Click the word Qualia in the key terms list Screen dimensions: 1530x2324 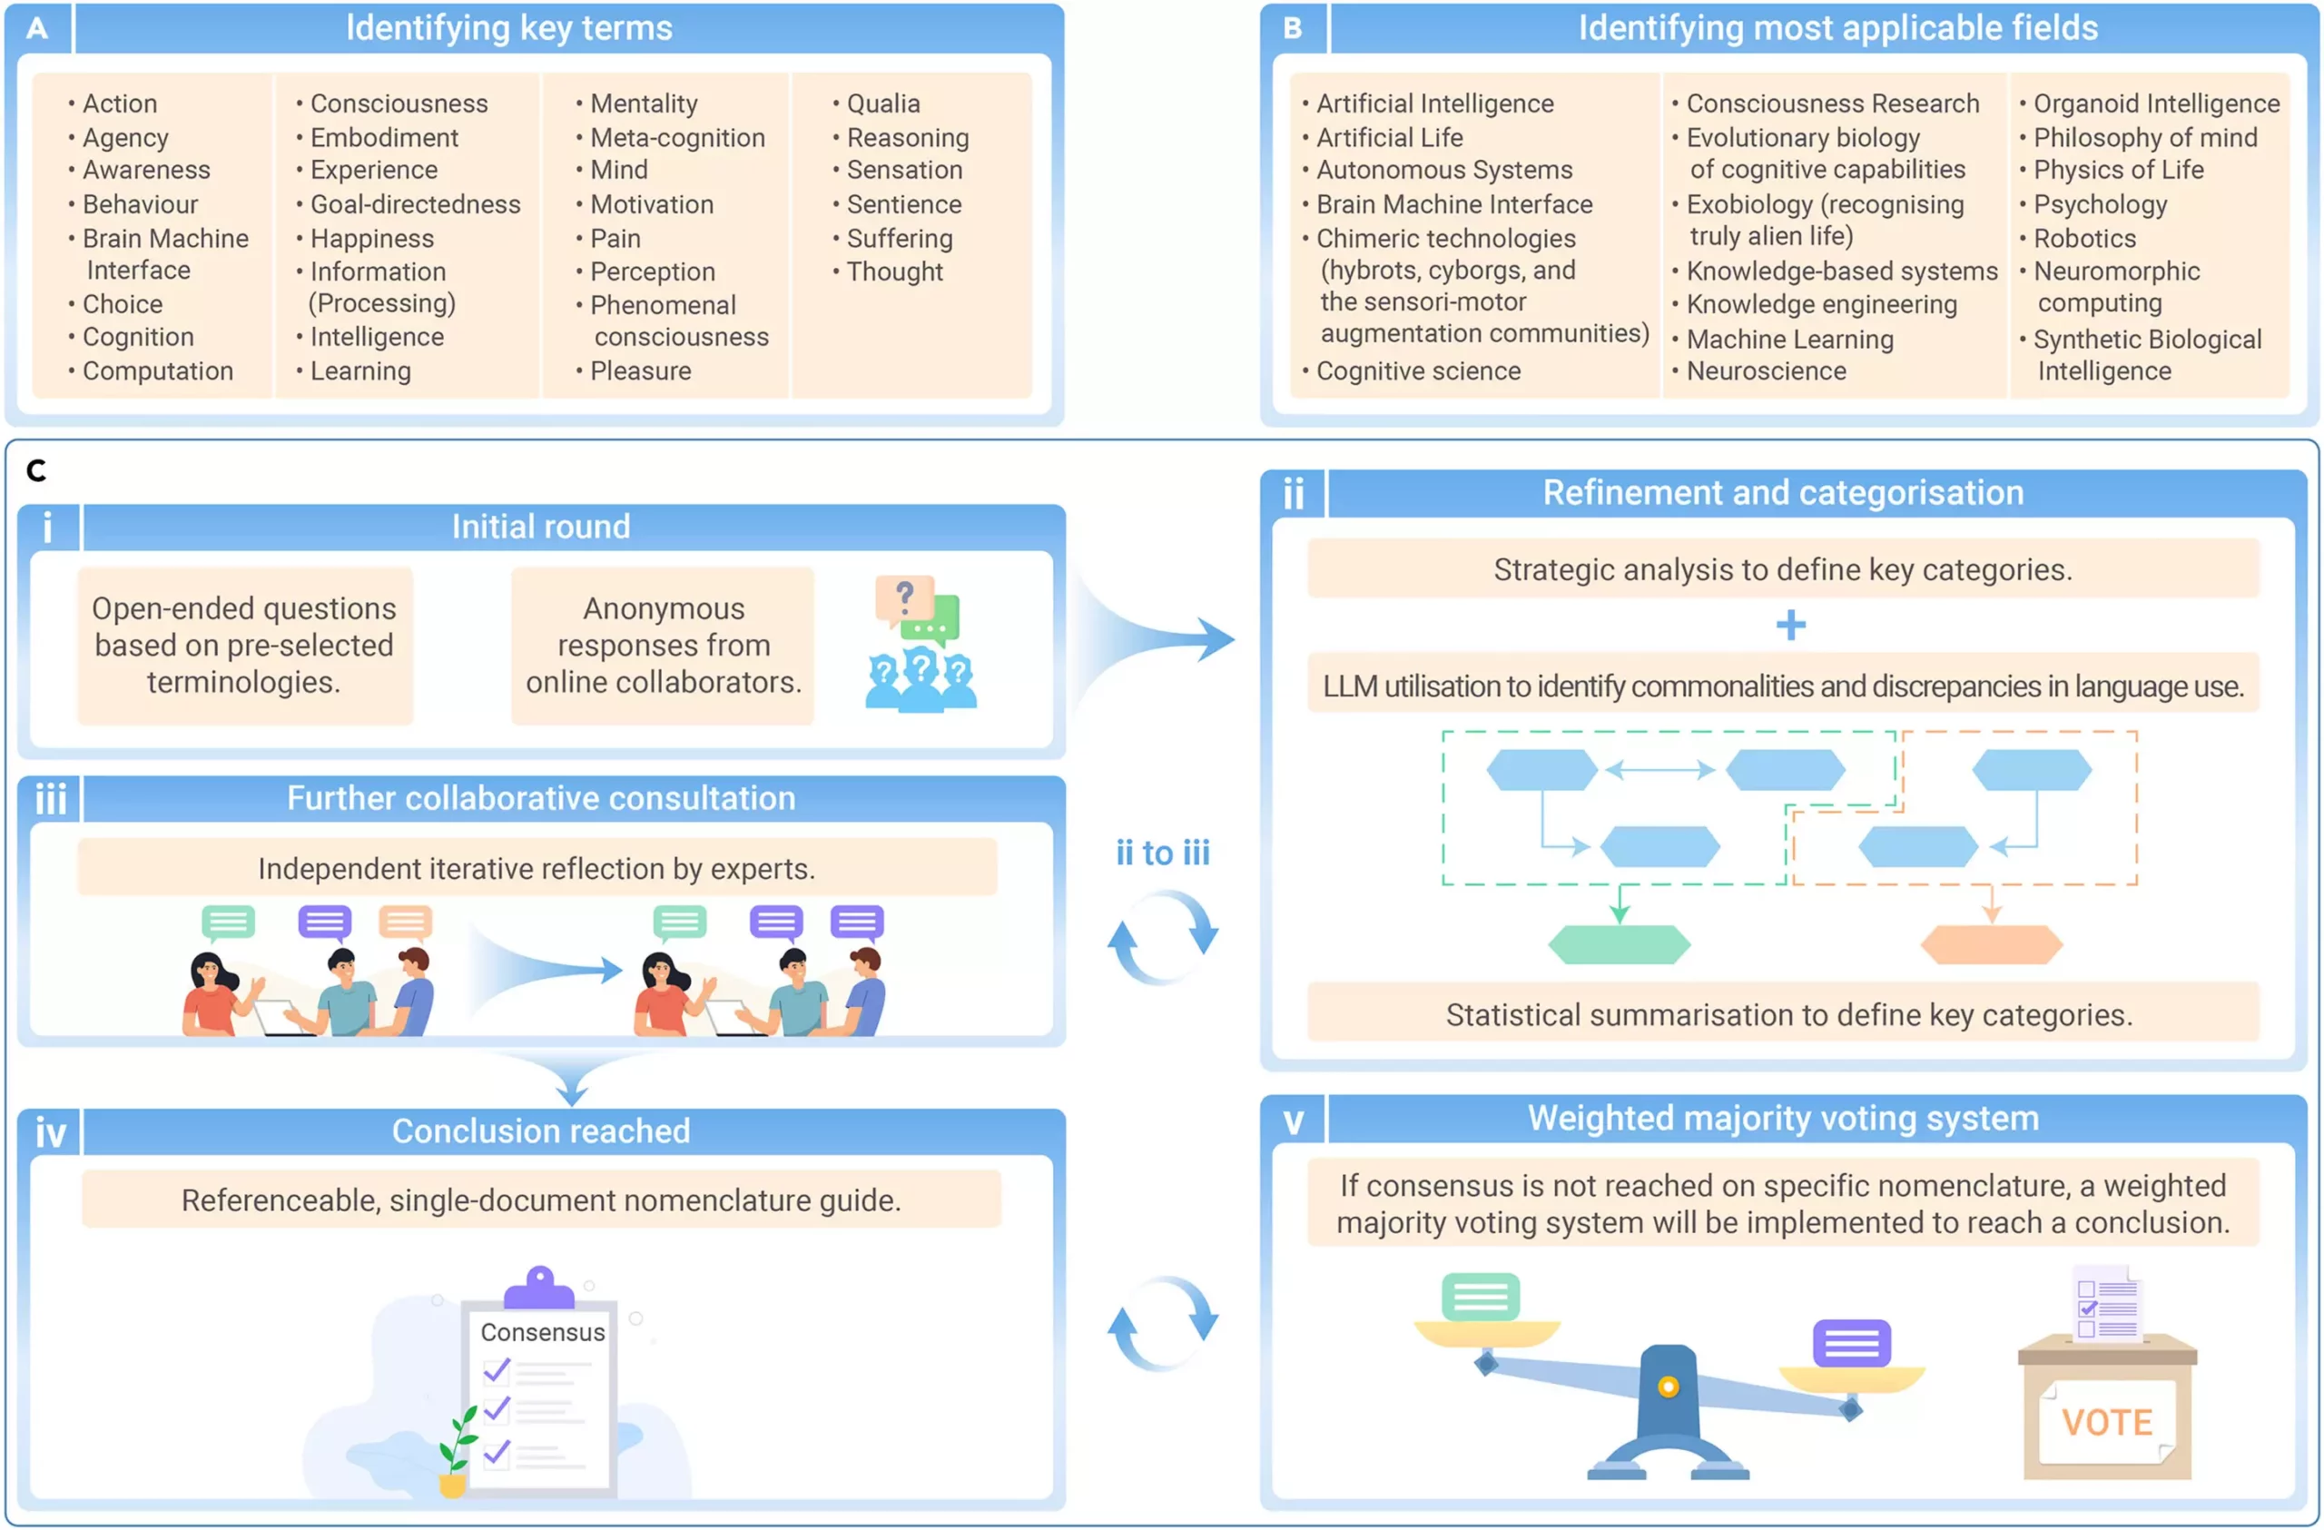pyautogui.click(x=882, y=104)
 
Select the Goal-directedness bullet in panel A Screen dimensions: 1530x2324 pyautogui.click(x=415, y=204)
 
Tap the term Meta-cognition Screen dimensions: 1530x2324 pyautogui.click(x=676, y=138)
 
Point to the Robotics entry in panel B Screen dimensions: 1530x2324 pyautogui.click(x=2083, y=238)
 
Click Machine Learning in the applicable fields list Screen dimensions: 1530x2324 pyautogui.click(x=1789, y=339)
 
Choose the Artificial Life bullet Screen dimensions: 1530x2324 pyautogui.click(x=1389, y=138)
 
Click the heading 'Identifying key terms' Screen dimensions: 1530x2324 pyautogui.click(x=508, y=28)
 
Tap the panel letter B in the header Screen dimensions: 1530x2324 pyautogui.click(x=1292, y=28)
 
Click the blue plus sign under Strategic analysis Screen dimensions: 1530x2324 pyautogui.click(x=1790, y=625)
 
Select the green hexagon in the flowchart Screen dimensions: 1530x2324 pyautogui.click(x=1619, y=944)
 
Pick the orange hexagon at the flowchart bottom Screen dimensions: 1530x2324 pyautogui.click(x=1991, y=944)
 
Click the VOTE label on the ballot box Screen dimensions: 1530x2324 pyautogui.click(x=2106, y=1422)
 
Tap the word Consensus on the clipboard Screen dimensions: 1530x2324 pyautogui.click(x=542, y=1332)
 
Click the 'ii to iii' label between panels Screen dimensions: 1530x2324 pyautogui.click(x=1162, y=853)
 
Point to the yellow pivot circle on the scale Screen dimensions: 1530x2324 pyautogui.click(x=1668, y=1387)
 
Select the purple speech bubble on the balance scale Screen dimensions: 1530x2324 pyautogui.click(x=1851, y=1344)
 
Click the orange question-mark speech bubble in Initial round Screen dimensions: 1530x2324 pyautogui.click(x=903, y=597)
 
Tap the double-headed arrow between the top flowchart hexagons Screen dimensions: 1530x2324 pyautogui.click(x=1660, y=769)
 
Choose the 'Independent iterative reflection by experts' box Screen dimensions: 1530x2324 pyautogui.click(x=537, y=868)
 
